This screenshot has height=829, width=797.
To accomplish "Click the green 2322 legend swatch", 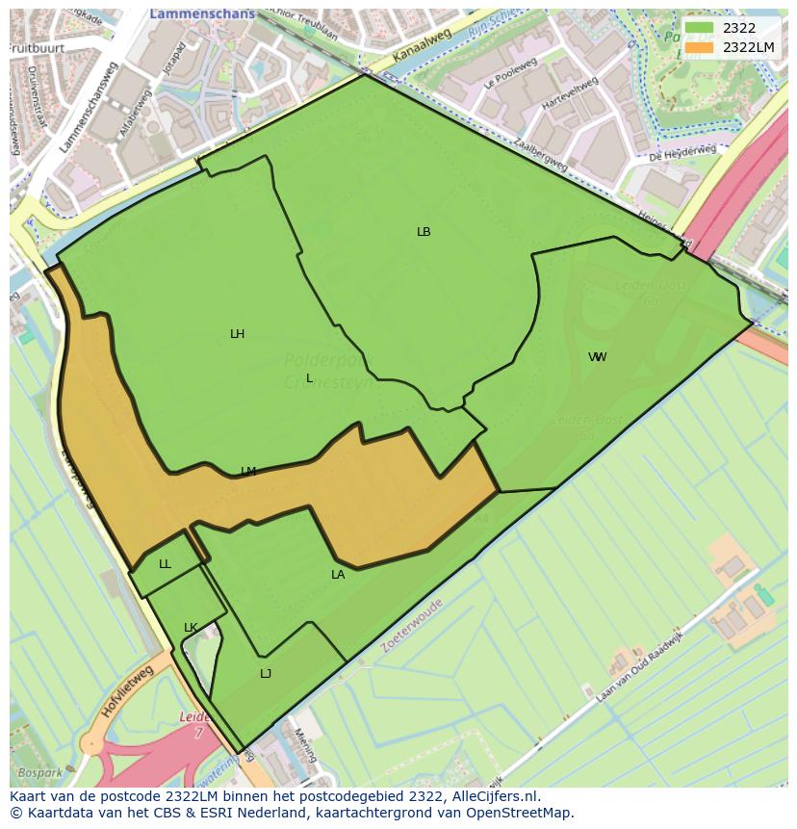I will [700, 29].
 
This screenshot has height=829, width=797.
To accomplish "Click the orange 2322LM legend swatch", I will [700, 47].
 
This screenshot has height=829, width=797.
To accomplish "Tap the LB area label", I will [424, 232].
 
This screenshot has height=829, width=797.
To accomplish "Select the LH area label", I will [237, 334].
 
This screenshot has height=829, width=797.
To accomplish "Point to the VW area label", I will [598, 357].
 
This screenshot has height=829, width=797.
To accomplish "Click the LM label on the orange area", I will [248, 472].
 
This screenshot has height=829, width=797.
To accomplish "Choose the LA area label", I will [338, 575].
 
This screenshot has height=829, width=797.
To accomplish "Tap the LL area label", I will [165, 564].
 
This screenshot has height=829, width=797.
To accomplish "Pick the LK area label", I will [191, 628].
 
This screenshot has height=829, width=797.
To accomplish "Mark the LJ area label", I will [266, 674].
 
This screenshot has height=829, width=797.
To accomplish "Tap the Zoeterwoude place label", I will [412, 626].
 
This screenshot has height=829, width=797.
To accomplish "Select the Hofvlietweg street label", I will [126, 692].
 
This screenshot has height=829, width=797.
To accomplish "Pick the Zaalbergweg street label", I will [539, 156].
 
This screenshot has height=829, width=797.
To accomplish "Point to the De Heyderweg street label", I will [681, 153].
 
